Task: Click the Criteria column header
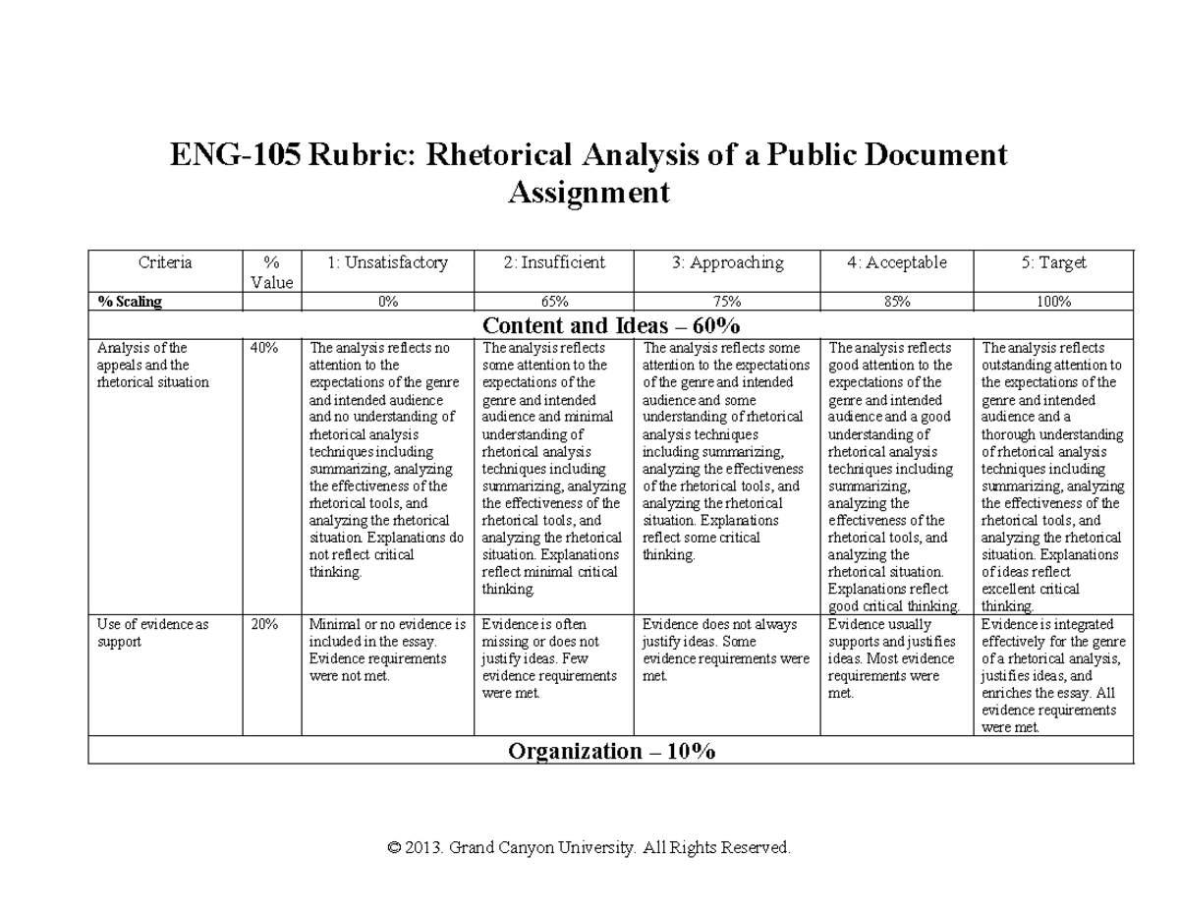[x=165, y=262]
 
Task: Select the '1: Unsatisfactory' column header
[x=387, y=262]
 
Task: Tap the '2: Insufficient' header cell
[x=553, y=262]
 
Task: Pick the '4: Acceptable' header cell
[x=897, y=262]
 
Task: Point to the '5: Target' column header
[x=1053, y=262]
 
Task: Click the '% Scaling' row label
[x=130, y=302]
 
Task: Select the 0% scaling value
[x=387, y=302]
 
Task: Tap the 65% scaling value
[x=553, y=302]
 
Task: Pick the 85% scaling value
[x=897, y=302]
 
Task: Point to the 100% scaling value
[x=1053, y=302]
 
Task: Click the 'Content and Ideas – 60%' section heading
[x=611, y=325]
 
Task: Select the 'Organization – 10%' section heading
[x=611, y=752]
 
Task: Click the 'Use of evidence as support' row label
[x=152, y=633]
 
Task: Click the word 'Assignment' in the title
[x=589, y=193]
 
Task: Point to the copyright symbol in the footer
[x=395, y=847]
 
